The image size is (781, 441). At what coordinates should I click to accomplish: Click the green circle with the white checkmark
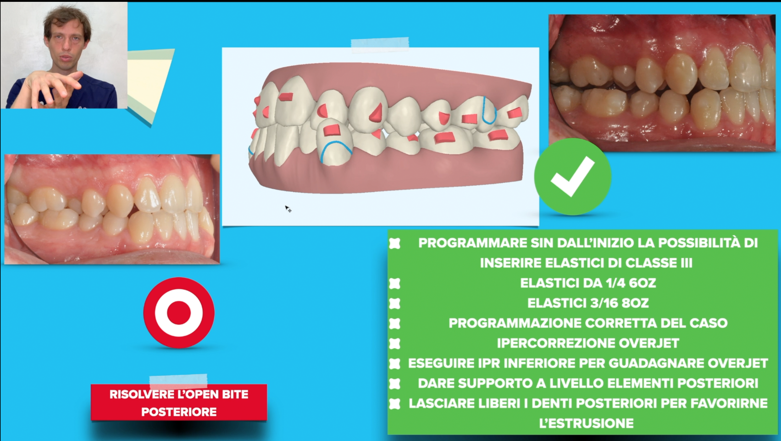573,177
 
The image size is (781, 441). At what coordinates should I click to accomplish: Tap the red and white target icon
179,313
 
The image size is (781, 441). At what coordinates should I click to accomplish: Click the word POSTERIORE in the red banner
179,412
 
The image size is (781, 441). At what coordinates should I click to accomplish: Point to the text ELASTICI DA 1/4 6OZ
588,283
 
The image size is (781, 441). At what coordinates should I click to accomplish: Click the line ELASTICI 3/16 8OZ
588,303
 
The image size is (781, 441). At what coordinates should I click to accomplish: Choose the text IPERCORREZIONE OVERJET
588,343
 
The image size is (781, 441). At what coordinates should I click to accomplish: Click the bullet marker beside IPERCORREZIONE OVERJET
395,343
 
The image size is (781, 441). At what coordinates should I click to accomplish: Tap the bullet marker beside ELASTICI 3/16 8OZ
395,303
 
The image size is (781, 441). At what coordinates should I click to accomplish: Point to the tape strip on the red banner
178,382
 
